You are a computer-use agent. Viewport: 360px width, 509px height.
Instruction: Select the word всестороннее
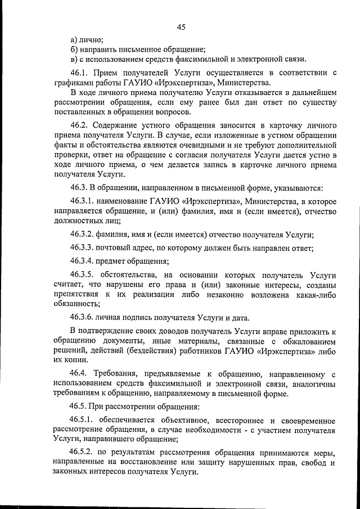point(221,420)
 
